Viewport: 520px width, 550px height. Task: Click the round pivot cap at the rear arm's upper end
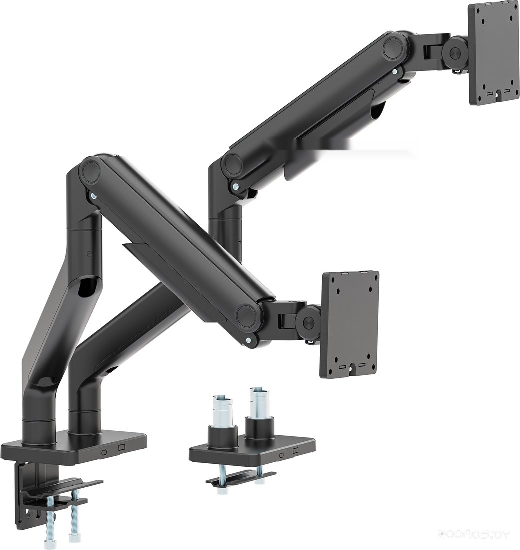coord(395,47)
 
